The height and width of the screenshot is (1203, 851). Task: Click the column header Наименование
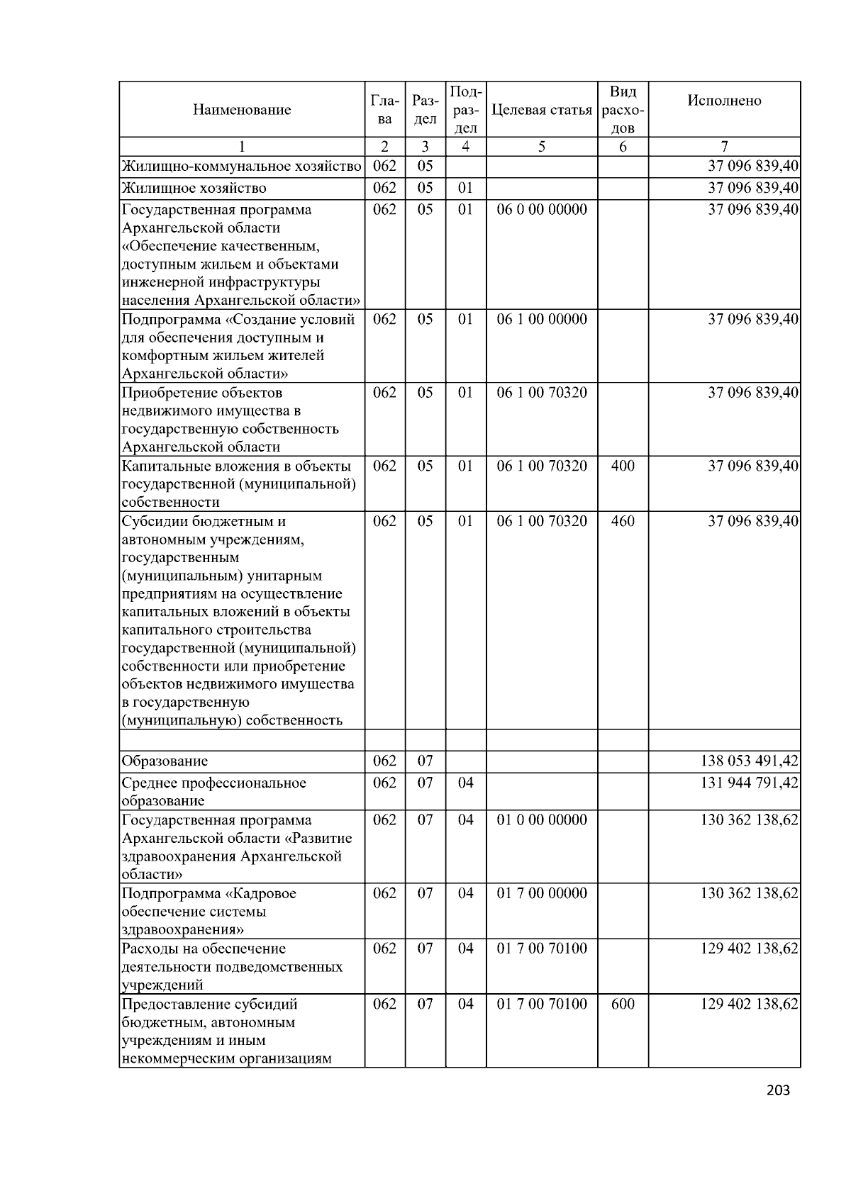click(x=241, y=110)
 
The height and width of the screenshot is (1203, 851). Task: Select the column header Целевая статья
click(x=541, y=110)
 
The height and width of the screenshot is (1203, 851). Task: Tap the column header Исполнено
click(x=724, y=101)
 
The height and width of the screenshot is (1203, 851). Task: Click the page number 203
click(x=778, y=1090)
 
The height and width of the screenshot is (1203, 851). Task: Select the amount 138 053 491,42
click(x=749, y=761)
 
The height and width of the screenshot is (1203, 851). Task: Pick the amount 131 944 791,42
click(x=749, y=783)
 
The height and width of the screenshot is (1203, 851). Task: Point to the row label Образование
click(x=165, y=761)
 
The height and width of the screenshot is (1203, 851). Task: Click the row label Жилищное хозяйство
click(x=194, y=188)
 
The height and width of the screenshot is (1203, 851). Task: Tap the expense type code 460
click(x=622, y=521)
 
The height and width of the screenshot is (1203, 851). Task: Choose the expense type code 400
click(x=622, y=466)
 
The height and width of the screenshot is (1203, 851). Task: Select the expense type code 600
click(x=622, y=1004)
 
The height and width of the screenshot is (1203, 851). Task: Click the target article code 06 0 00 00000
click(x=542, y=209)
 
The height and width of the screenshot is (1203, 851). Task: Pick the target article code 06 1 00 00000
click(x=542, y=319)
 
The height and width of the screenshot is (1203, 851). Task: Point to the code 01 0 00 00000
click(x=542, y=820)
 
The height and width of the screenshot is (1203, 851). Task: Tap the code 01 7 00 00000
click(x=542, y=893)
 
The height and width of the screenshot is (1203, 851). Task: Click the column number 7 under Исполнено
click(x=724, y=147)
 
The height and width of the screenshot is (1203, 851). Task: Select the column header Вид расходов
click(x=622, y=110)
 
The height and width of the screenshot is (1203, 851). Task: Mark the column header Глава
click(x=384, y=110)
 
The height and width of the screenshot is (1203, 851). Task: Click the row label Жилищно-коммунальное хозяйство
click(x=241, y=167)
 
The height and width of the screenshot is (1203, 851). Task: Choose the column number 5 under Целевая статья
click(x=541, y=147)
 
